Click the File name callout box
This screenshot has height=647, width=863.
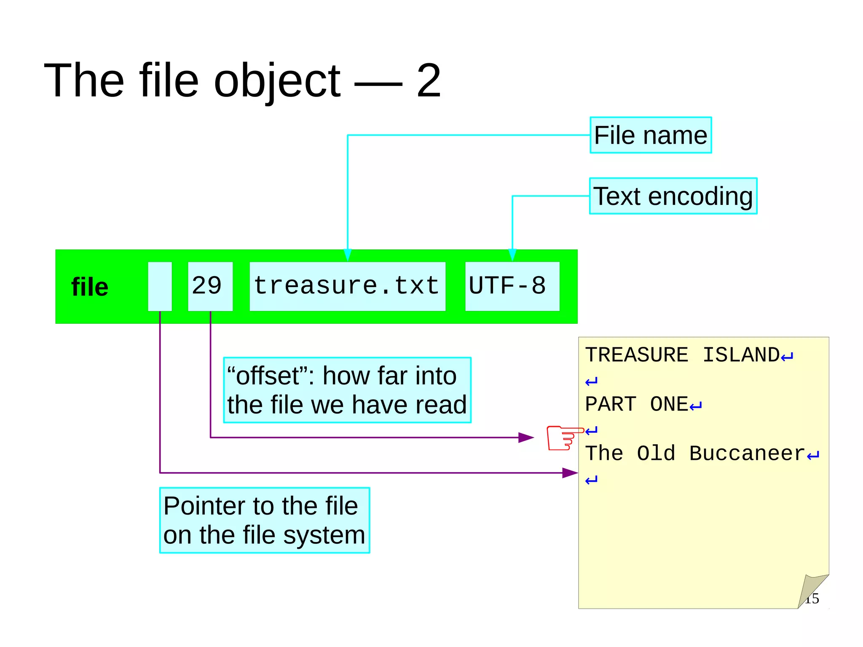point(650,135)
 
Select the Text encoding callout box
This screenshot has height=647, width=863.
point(673,196)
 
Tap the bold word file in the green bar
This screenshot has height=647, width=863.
point(90,287)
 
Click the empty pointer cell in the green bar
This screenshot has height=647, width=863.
point(160,287)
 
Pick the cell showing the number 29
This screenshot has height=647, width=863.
point(210,286)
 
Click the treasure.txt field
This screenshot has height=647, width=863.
point(347,286)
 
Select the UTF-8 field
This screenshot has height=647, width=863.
point(512,286)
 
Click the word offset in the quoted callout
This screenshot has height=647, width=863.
point(268,376)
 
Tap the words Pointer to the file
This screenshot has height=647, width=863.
point(260,506)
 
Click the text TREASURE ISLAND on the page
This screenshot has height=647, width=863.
point(682,355)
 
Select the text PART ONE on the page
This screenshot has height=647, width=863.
point(636,404)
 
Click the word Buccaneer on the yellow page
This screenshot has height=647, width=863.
point(747,454)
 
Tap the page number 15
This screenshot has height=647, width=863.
point(812,599)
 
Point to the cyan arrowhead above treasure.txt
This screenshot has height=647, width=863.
point(347,255)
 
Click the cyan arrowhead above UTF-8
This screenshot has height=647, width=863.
point(512,255)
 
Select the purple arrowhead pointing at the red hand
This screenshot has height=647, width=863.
point(526,438)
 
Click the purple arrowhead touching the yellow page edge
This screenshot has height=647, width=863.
point(570,473)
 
